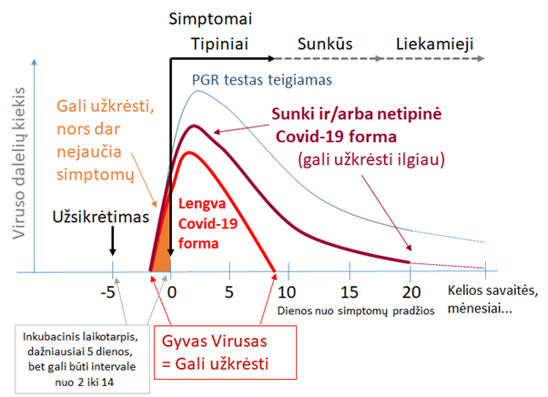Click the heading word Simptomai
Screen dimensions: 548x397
pos(210,19)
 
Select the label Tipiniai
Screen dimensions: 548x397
pos(219,45)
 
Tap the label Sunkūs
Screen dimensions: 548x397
pos(325,44)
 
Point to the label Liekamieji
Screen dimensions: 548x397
pos(434,45)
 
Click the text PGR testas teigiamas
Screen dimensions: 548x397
pos(262,80)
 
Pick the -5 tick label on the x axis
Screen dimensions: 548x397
pos(107,292)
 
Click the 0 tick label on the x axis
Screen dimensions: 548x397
pos(172,292)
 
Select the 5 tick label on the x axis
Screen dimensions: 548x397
pos(228,292)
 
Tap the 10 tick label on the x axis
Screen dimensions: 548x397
pos(287,292)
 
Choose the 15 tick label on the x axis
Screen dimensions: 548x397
pos(350,292)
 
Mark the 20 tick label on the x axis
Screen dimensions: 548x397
pos(411,292)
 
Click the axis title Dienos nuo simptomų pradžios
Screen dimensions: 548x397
pos(356,310)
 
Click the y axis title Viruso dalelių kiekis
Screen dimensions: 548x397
pos(18,163)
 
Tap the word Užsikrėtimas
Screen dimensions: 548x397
pos(101,217)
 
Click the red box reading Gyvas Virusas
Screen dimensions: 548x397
pos(225,352)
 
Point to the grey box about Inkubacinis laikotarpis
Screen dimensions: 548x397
pos(83,360)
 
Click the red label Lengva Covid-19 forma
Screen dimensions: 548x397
pos(208,224)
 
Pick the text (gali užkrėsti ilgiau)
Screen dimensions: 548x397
pos(371,159)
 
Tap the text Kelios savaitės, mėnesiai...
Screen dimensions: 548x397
pos(492,300)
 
